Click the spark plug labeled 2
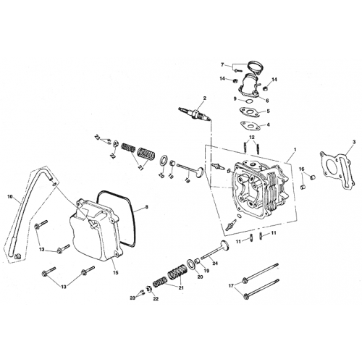coord(195,114)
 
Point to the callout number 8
coord(147,208)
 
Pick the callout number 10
coord(10,196)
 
